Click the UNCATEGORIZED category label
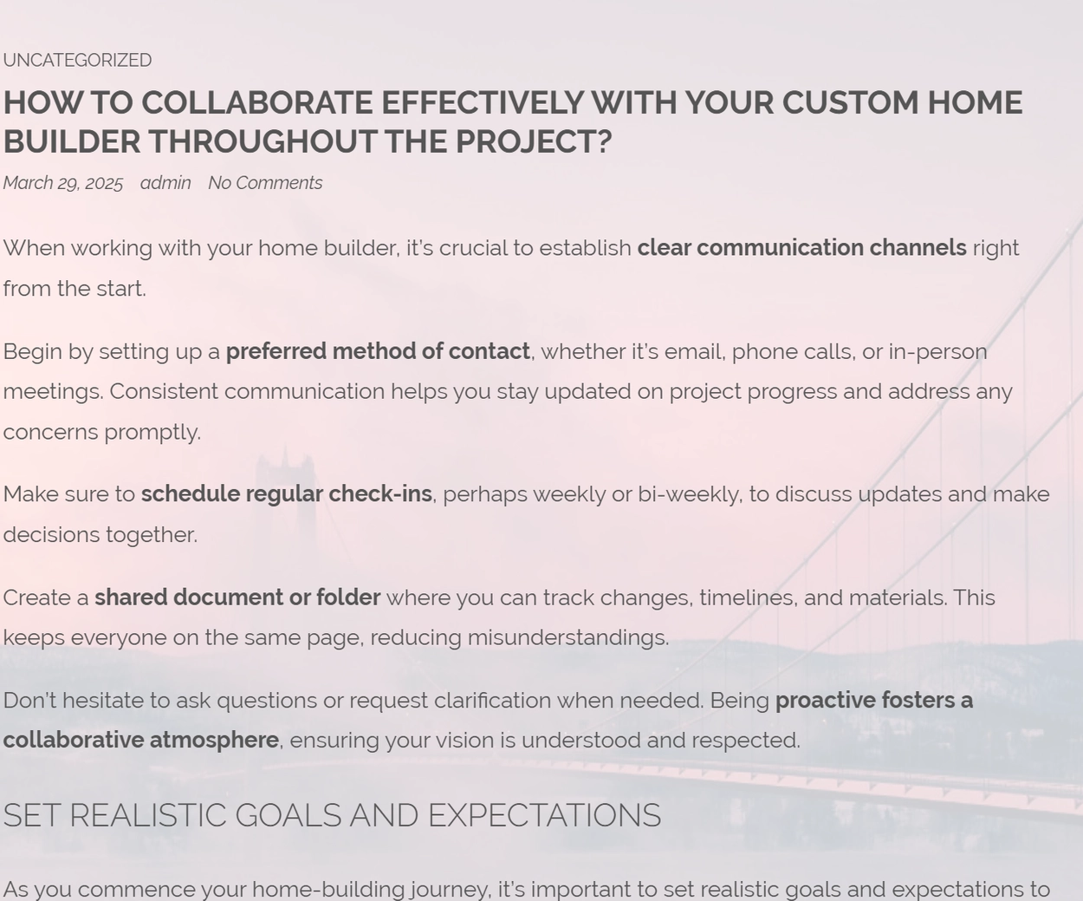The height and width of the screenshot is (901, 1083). click(77, 60)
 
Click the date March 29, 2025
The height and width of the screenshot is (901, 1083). click(62, 183)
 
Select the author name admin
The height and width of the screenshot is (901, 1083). click(165, 183)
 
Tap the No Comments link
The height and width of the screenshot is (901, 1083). click(265, 183)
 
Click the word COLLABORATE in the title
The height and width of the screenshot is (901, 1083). click(256, 102)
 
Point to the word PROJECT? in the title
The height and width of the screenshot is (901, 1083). click(534, 141)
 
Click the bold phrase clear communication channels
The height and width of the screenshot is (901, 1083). click(802, 248)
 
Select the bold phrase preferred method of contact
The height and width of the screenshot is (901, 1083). click(378, 351)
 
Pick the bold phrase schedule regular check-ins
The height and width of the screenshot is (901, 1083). click(286, 494)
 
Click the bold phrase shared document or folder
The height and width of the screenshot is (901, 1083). click(237, 597)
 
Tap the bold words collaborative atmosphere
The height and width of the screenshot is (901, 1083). click(141, 740)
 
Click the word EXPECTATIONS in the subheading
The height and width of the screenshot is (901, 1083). click(545, 815)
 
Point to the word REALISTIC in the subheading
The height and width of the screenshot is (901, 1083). click(148, 815)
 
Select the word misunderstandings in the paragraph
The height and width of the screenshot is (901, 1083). click(568, 637)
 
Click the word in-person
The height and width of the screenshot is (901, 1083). click(937, 352)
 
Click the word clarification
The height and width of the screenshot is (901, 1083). click(492, 701)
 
